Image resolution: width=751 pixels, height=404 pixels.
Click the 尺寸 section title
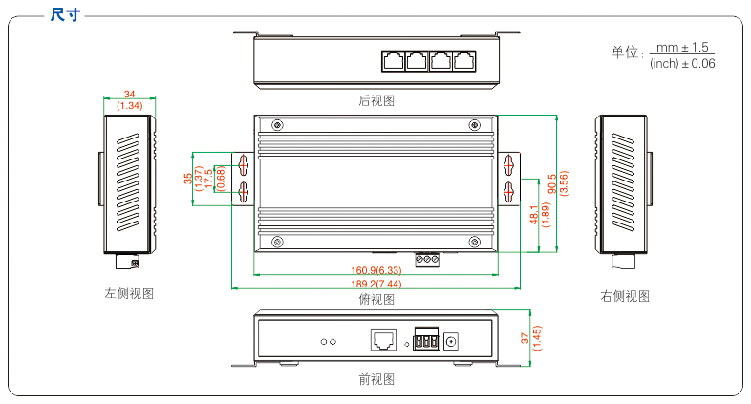(x=65, y=14)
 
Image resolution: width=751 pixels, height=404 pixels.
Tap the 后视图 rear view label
(x=375, y=100)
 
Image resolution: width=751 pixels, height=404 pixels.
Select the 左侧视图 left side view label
(x=129, y=294)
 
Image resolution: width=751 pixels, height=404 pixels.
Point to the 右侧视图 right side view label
(x=625, y=296)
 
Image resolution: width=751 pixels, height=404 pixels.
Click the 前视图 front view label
(x=375, y=379)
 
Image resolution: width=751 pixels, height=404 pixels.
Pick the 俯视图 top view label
(x=375, y=299)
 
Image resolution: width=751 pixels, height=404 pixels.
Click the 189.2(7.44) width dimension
(x=375, y=284)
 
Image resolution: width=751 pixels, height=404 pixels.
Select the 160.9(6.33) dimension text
(x=375, y=270)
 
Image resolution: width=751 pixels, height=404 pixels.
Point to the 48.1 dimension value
(x=533, y=215)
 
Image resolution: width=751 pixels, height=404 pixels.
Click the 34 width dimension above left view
(x=129, y=95)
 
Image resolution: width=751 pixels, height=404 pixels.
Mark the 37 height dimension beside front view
(x=525, y=337)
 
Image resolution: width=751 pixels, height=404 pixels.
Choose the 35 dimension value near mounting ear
(x=187, y=179)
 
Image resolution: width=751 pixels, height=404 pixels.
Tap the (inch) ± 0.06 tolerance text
(x=681, y=63)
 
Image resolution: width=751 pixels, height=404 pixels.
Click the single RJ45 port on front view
(x=382, y=338)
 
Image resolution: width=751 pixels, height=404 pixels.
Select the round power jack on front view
(x=455, y=339)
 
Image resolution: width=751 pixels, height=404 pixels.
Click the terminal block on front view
(x=426, y=339)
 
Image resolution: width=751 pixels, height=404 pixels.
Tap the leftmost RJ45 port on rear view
(x=393, y=59)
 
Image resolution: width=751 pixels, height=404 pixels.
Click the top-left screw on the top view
(x=277, y=125)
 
